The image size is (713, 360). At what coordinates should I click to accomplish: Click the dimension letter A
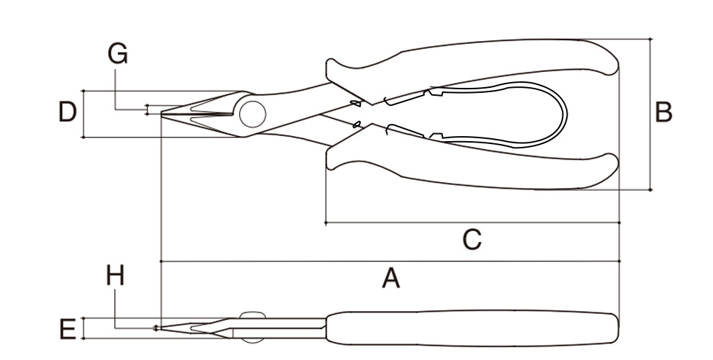(x=390, y=278)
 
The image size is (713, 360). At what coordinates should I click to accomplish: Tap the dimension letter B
(x=663, y=112)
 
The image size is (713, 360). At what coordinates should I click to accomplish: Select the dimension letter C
(x=471, y=238)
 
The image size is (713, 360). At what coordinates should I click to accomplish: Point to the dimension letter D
(x=67, y=112)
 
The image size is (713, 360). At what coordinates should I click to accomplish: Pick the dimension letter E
(x=67, y=330)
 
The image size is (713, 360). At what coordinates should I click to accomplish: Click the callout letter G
(x=117, y=53)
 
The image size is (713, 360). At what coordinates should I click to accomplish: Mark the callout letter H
(x=115, y=275)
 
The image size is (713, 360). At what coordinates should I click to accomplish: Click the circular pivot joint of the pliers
(x=253, y=114)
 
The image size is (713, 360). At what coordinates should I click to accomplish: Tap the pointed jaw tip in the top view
(x=164, y=114)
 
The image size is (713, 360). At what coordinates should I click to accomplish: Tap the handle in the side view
(x=468, y=328)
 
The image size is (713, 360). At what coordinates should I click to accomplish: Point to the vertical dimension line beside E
(x=84, y=328)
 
